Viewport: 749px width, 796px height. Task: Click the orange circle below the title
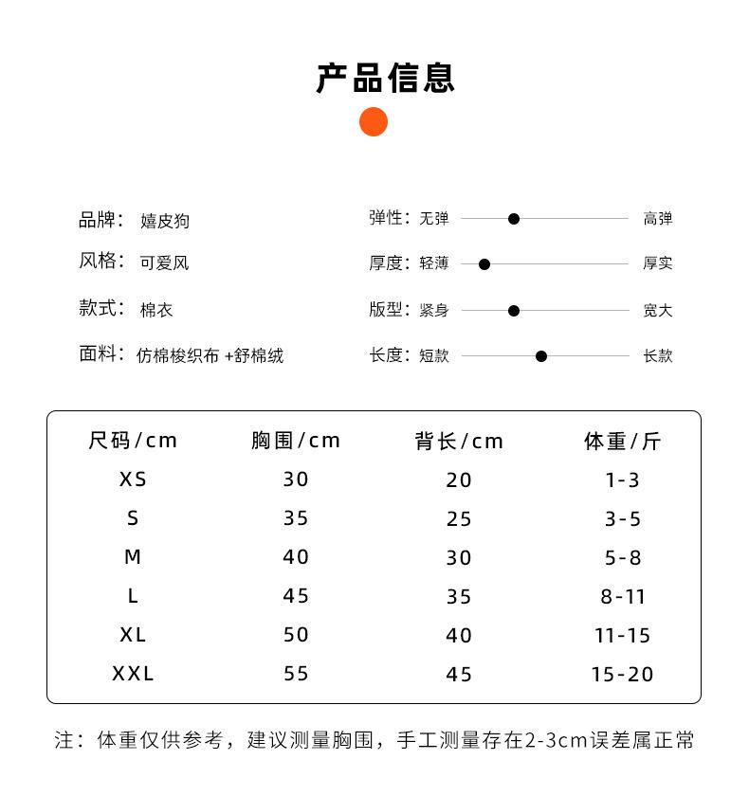click(x=374, y=122)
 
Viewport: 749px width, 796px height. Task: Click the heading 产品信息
click(x=385, y=78)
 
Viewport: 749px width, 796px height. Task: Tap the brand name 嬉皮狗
click(x=165, y=221)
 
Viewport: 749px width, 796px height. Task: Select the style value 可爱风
click(x=164, y=262)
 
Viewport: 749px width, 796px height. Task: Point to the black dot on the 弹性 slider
click(x=514, y=219)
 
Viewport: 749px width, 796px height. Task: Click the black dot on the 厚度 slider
click(x=484, y=264)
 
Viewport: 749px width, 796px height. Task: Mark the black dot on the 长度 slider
click(x=541, y=356)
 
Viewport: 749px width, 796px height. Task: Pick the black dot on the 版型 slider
click(x=514, y=311)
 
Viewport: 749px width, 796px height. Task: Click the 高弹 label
click(x=658, y=219)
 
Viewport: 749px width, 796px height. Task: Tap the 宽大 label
click(x=658, y=311)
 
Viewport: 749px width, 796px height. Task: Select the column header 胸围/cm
click(x=296, y=441)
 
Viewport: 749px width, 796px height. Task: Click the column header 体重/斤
click(x=622, y=441)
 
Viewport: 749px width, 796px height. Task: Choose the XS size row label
click(x=133, y=479)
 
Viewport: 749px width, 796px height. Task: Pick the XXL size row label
click(x=133, y=674)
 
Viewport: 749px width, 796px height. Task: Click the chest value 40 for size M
click(x=296, y=557)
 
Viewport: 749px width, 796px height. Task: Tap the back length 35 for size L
click(x=459, y=596)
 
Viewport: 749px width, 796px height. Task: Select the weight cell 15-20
click(x=622, y=674)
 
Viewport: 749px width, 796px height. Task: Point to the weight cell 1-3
click(x=622, y=479)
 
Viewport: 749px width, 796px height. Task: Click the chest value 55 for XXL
click(x=296, y=674)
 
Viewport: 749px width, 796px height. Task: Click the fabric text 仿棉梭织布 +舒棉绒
click(x=210, y=356)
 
